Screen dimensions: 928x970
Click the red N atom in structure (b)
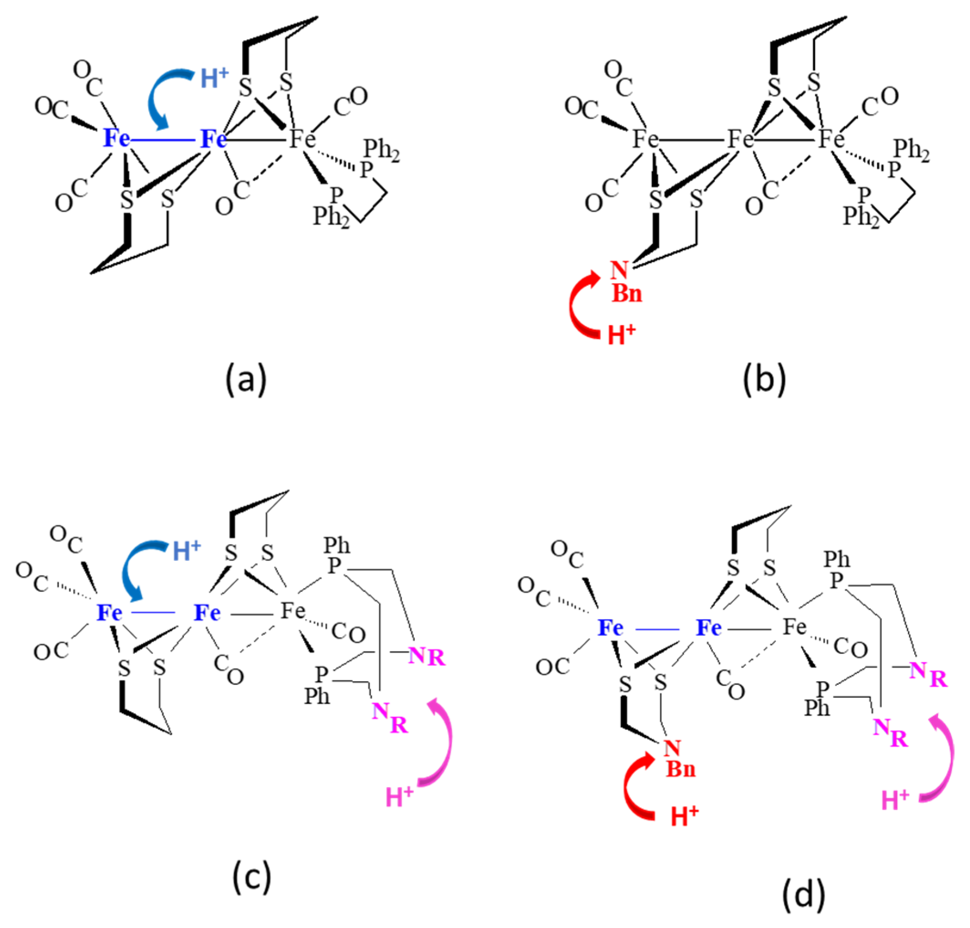click(x=619, y=270)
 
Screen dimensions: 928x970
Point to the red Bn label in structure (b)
click(x=626, y=293)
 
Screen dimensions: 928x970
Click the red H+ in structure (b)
click(x=621, y=334)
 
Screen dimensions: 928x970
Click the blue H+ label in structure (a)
click(x=214, y=78)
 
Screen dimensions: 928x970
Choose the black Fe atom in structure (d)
click(x=795, y=627)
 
